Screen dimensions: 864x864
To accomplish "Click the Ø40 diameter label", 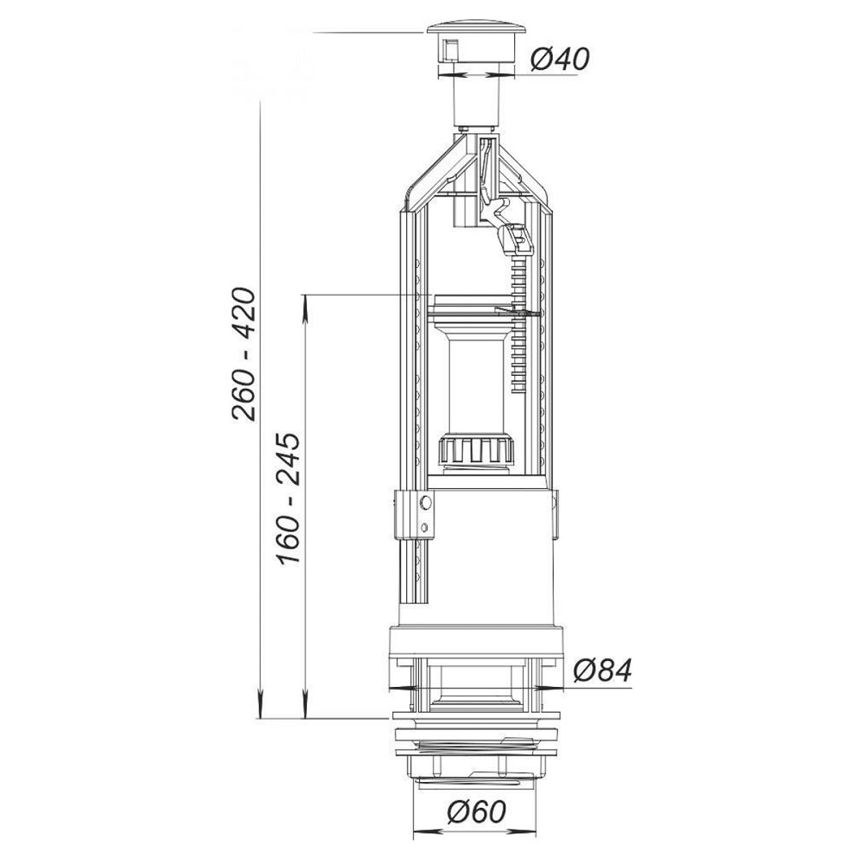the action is point(559,59).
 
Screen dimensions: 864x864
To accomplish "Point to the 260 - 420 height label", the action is point(244,355).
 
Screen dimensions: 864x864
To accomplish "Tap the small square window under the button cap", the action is point(450,50).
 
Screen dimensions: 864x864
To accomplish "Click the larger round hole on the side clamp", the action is point(425,502).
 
